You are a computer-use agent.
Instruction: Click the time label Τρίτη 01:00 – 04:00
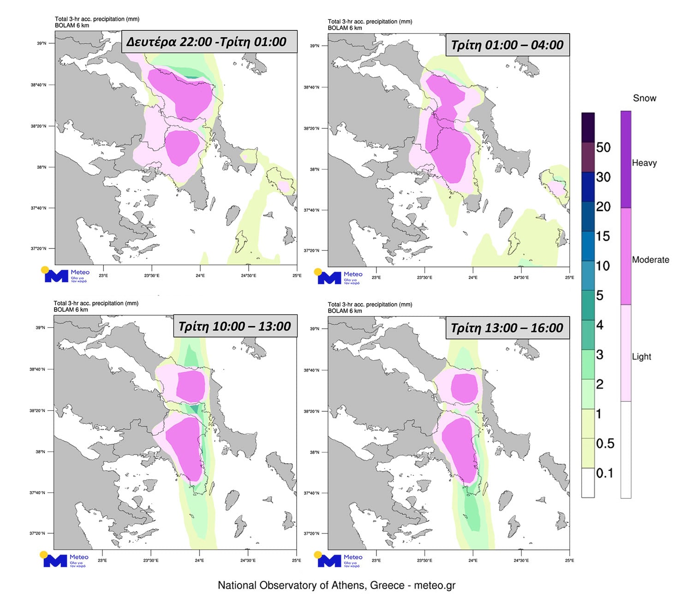507,45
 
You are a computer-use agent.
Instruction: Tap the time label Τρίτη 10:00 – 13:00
234,326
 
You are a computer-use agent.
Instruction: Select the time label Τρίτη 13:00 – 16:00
507,328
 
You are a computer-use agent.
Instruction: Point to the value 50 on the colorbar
603,148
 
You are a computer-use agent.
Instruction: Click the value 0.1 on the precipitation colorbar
604,473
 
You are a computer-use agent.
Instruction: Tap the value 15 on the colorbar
602,237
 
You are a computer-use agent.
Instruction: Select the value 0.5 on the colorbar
605,444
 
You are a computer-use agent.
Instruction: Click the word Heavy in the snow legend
644,163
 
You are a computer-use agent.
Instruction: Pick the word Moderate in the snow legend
650,260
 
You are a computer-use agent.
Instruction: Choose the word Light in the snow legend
641,356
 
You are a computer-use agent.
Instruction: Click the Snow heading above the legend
644,98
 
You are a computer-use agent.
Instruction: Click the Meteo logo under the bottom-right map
339,560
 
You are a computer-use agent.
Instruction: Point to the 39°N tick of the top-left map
42,43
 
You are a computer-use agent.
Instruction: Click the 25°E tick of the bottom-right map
569,561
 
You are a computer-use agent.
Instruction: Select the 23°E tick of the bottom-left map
102,561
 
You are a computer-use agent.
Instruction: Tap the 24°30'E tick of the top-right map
521,278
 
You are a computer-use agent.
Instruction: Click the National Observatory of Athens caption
336,586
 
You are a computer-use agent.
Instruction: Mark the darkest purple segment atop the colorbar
588,127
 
